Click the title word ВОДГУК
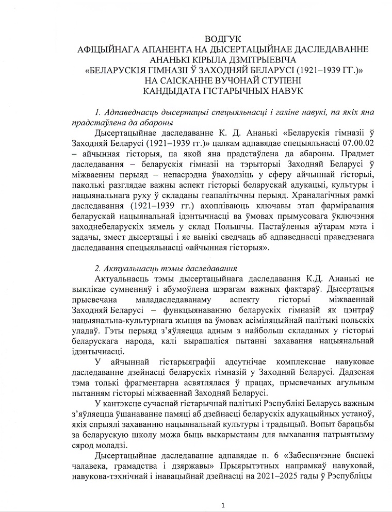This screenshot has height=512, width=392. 222,39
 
